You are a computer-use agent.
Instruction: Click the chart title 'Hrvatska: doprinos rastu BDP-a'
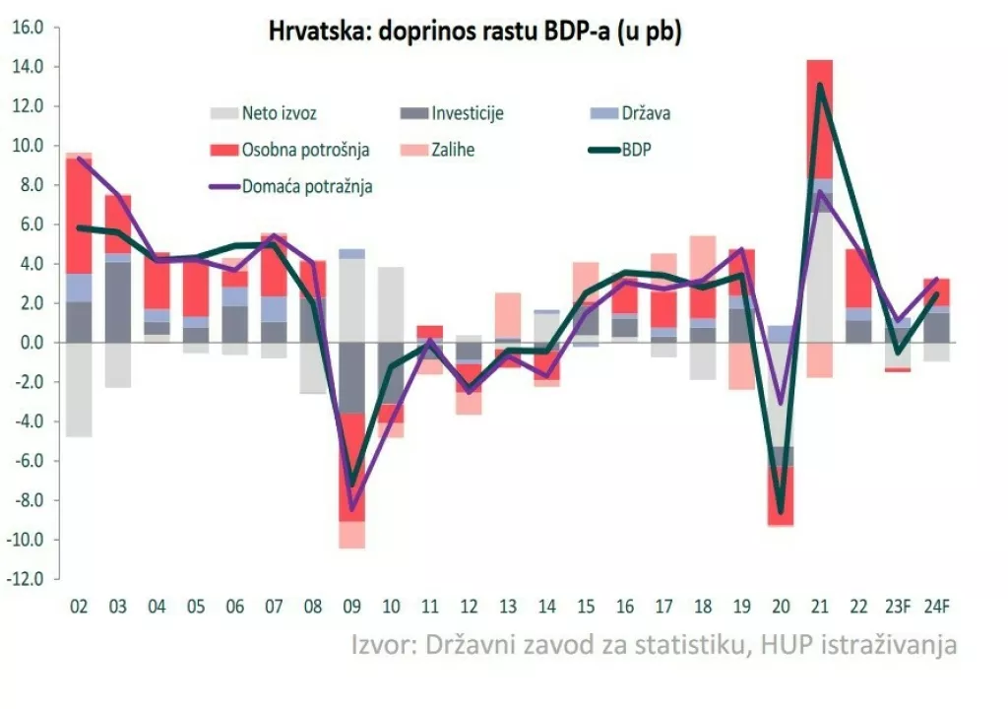pos(475,32)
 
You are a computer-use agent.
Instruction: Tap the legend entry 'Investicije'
pos(468,113)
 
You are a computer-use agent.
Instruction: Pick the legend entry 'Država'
pos(646,113)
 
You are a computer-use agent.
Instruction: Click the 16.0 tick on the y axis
pos(28,28)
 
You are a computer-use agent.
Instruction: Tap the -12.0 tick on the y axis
pos(28,579)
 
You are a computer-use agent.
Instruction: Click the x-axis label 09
pos(352,607)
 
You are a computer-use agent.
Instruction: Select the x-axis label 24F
pos(936,607)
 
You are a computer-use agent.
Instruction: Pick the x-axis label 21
pos(820,607)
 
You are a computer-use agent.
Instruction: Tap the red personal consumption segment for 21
pos(820,118)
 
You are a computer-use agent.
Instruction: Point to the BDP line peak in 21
pos(820,86)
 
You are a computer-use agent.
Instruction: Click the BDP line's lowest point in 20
pos(781,512)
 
